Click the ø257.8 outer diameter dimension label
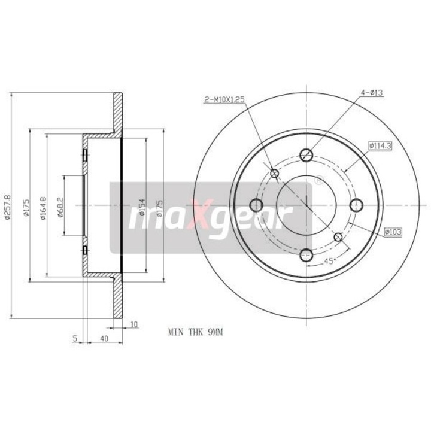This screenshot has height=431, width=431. pos(7,205)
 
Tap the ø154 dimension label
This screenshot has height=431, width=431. pos(142,207)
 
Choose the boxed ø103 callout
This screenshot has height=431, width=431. pos(393,230)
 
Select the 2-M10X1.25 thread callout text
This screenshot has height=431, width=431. pos(224,100)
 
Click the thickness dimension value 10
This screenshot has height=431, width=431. pos(133,324)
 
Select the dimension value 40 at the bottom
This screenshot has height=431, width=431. pos(104,339)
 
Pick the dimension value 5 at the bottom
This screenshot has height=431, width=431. pos(75,339)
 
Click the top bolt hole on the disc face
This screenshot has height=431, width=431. pos(306,155)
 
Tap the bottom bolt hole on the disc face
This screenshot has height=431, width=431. pos(306,255)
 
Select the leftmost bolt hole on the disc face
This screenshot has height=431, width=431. pos(256,205)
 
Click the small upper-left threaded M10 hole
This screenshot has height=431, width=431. pos(275,174)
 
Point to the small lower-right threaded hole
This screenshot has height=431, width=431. pos(338,237)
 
